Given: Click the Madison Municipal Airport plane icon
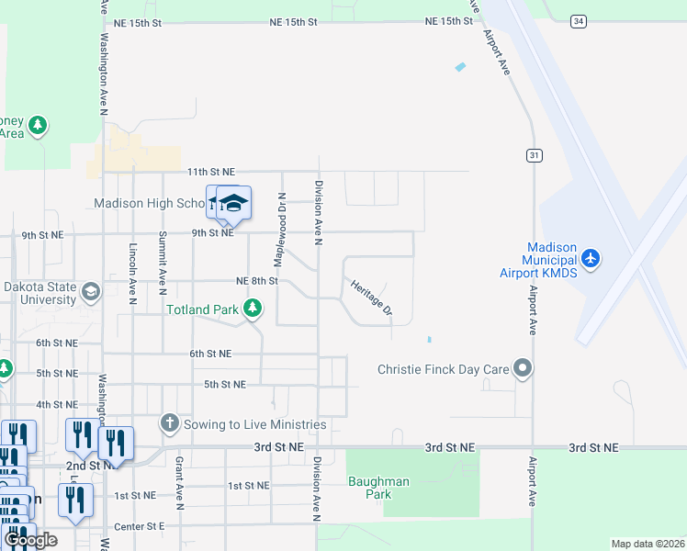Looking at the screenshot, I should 590,258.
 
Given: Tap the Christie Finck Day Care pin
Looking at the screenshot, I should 523,369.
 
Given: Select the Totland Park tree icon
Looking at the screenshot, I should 252,309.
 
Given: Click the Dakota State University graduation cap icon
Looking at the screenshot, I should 90,292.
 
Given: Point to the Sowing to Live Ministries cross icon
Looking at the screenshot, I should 169,423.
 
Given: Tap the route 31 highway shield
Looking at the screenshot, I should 534,155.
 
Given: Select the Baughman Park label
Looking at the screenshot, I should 370,488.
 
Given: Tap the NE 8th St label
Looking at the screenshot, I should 256,281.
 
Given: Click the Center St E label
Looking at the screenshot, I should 140,526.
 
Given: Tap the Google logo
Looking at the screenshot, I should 30,540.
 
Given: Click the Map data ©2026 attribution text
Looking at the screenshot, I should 647,544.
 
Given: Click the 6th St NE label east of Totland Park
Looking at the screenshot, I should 210,354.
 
